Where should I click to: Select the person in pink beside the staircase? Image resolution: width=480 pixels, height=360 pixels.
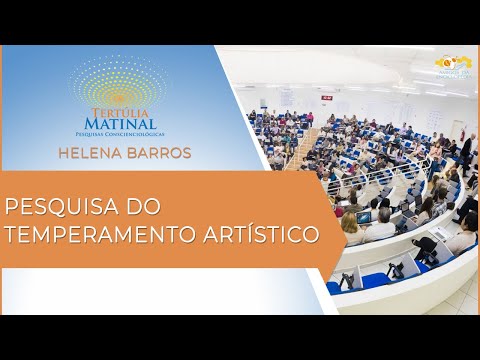310,118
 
